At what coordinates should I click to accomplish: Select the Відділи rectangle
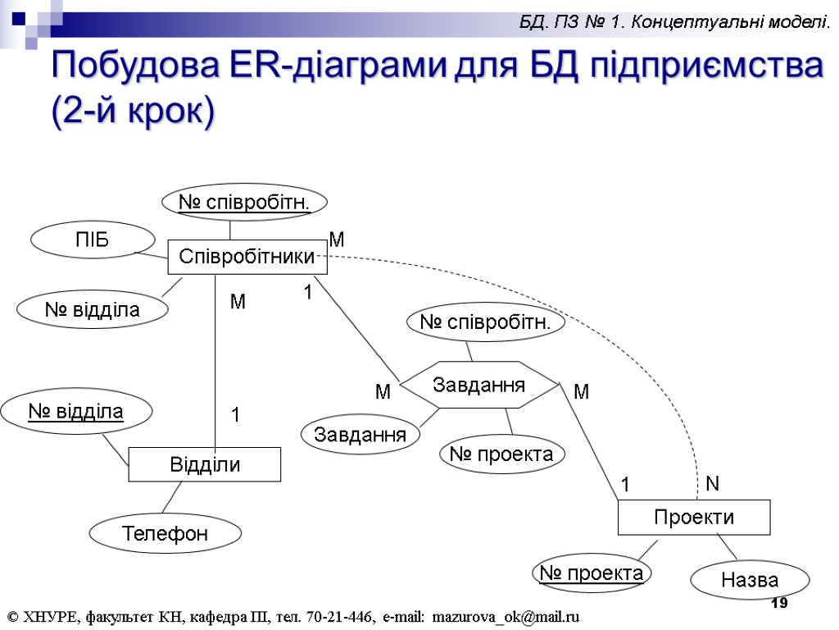pos(205,464)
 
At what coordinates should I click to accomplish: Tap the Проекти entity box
pos(693,517)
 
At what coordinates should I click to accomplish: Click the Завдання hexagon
pos(479,384)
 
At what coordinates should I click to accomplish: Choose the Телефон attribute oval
pos(165,534)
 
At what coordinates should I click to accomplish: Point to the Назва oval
pos(750,581)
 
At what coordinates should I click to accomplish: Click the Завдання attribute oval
pos(361,435)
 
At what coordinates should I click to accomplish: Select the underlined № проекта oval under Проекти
pos(591,573)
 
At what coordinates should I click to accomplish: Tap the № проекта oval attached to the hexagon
pos(502,454)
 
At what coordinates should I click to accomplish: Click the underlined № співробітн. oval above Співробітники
pos(245,202)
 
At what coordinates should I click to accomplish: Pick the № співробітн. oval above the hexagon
pos(487,323)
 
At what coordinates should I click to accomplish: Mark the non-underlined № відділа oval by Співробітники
pos(92,310)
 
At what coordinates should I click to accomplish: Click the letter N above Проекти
pos(712,484)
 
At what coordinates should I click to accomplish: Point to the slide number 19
pos(780,604)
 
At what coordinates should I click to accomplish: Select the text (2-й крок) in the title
pos(132,111)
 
